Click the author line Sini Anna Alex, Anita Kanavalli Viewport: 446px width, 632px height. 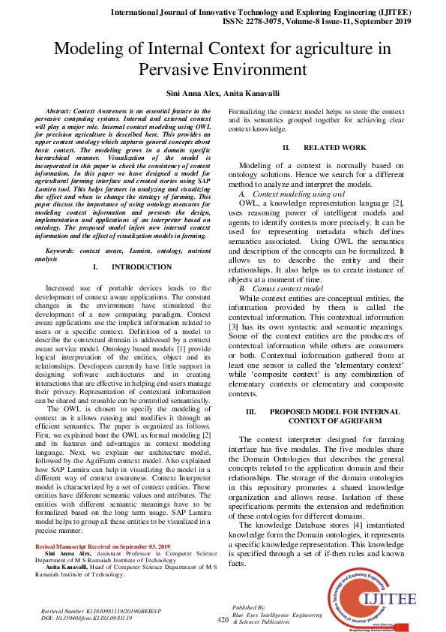[x=223, y=95]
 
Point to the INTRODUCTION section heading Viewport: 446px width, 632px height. [x=141, y=267]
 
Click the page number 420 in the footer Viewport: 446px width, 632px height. [x=223, y=620]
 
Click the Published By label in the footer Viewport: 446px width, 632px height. [x=250, y=606]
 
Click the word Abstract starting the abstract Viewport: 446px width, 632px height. [x=58, y=110]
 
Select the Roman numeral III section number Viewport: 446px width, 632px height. [x=251, y=413]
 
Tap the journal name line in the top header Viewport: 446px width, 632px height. [x=260, y=14]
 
